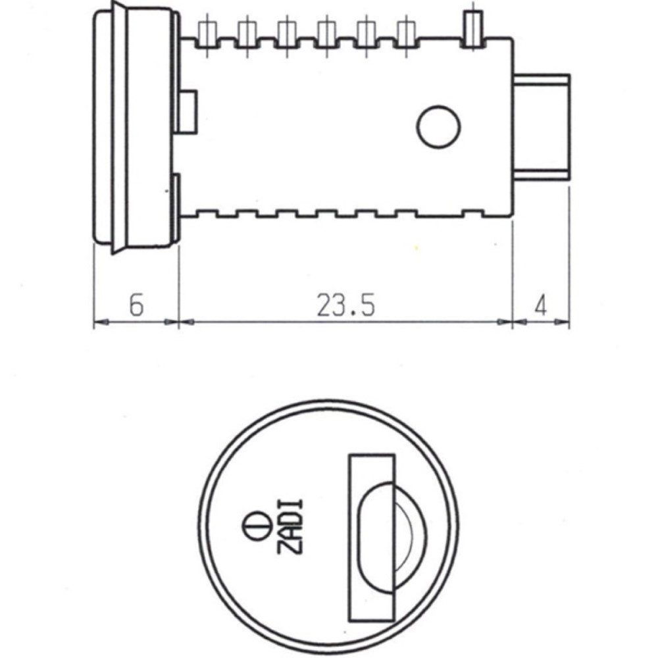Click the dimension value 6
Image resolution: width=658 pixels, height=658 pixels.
point(136,305)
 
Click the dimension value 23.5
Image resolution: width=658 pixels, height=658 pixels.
point(346,305)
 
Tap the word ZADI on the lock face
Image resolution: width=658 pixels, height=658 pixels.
point(291,526)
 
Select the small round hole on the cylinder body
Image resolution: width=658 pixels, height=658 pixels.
point(438,126)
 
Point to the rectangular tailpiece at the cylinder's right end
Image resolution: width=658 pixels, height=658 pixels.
point(542,128)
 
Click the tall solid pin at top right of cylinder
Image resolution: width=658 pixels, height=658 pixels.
point(472,28)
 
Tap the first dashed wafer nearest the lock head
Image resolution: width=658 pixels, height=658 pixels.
point(207,33)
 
